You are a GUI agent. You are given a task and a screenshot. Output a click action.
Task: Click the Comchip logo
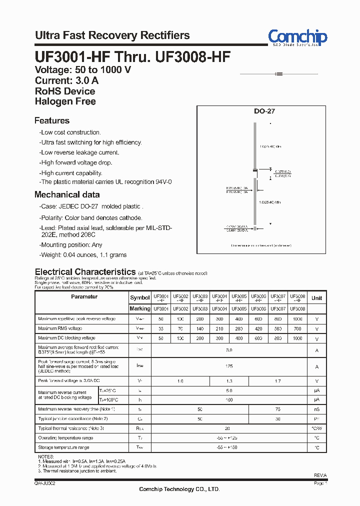[x=297, y=37]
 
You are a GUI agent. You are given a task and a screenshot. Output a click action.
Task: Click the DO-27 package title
[x=264, y=111]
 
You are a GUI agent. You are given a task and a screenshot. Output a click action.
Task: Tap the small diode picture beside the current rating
[x=279, y=74]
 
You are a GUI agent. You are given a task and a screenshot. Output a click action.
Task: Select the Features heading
[x=52, y=120]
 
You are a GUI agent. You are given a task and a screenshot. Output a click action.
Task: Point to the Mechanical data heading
[x=67, y=194]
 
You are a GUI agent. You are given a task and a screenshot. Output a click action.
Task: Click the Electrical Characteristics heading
[x=85, y=272]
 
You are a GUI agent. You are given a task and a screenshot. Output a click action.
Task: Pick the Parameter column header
[x=84, y=297]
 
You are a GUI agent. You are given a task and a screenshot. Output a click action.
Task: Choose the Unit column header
[x=316, y=298]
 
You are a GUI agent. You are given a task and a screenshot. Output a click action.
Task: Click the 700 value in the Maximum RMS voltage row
[x=297, y=328]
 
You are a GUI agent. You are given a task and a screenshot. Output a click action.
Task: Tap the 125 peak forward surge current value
[x=229, y=366]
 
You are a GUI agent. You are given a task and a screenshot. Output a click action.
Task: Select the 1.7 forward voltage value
[x=278, y=381]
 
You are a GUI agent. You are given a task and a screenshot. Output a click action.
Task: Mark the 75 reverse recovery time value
[x=278, y=408]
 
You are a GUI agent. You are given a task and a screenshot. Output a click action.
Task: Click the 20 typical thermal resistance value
[x=229, y=428]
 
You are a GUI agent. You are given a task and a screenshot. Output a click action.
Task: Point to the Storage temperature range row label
[x=63, y=447]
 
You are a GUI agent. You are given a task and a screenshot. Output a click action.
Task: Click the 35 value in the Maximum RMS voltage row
[x=161, y=328]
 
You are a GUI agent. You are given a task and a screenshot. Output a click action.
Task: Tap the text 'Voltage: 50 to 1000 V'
[x=82, y=70]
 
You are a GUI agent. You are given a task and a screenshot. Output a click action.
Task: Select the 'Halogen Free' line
[x=65, y=101]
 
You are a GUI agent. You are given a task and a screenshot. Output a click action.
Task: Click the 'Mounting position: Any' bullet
[x=71, y=245]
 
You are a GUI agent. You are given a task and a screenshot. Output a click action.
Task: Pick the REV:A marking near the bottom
[x=320, y=475]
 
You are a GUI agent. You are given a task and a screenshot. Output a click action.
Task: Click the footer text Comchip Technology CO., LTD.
[x=179, y=489]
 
